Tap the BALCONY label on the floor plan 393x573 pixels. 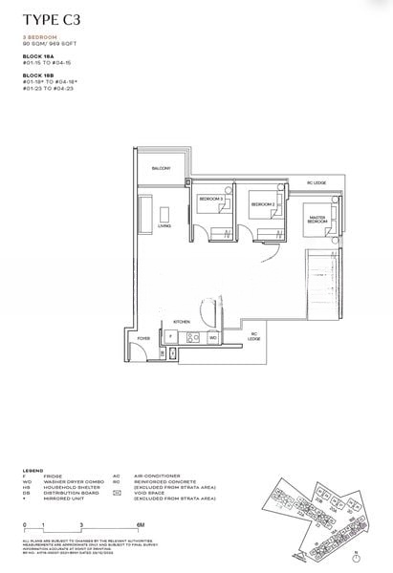click(162, 169)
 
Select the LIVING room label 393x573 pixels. click(165, 226)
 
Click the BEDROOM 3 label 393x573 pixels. click(210, 199)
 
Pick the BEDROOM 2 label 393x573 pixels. click(263, 204)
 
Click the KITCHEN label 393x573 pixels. click(183, 322)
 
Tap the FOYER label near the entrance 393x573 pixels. click(143, 337)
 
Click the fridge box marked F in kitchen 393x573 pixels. click(170, 337)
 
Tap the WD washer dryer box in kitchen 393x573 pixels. click(212, 337)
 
